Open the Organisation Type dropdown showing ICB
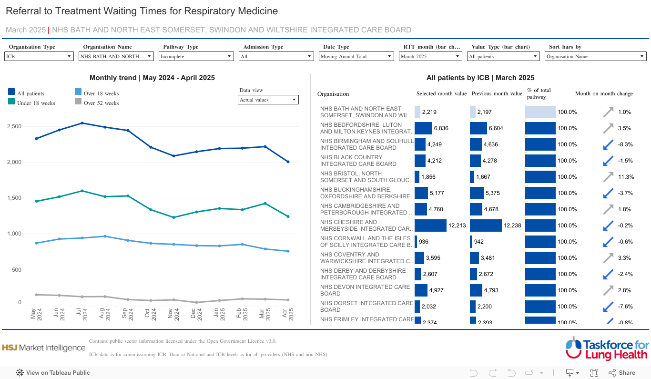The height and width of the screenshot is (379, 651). click(38, 56)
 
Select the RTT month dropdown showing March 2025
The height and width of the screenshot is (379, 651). click(430, 56)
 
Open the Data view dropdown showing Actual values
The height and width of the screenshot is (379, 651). click(268, 100)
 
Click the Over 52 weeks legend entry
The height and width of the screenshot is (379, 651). click(101, 103)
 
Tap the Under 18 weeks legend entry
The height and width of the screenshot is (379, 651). click(36, 103)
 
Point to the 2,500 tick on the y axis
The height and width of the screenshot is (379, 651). click(14, 126)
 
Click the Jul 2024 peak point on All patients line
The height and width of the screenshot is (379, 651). click(82, 123)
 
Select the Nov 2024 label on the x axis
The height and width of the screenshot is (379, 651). click(173, 313)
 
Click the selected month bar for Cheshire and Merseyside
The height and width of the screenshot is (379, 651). click(430, 225)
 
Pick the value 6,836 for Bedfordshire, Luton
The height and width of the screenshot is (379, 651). click(441, 128)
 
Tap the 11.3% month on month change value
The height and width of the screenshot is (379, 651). click(626, 177)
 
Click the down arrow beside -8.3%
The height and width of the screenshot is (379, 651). click(608, 144)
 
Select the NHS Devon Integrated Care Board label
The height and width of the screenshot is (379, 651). click(365, 290)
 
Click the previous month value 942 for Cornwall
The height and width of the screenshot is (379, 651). click(478, 242)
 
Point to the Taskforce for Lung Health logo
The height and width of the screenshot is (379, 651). click(607, 348)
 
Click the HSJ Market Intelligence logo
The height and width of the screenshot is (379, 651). click(43, 348)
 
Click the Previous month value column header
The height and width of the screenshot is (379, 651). click(497, 94)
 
